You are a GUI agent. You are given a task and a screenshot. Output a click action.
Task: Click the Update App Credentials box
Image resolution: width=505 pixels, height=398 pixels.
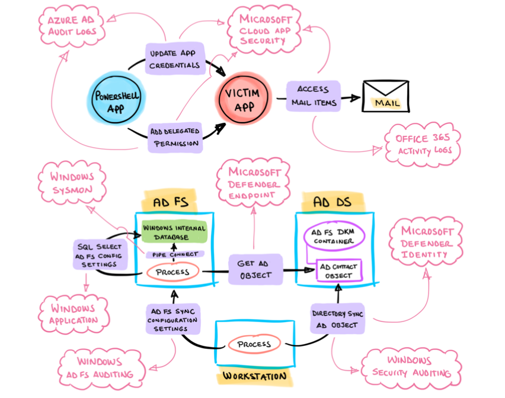[x=175, y=59]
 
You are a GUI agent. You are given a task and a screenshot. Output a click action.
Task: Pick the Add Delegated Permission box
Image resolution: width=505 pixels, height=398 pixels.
[x=175, y=137]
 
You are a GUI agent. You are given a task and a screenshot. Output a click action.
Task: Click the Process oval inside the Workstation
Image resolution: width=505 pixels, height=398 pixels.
[x=254, y=344]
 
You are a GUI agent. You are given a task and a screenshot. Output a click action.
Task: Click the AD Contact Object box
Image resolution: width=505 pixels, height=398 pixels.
[x=338, y=270]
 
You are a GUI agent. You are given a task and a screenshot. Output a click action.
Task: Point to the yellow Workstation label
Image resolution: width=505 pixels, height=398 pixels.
[x=254, y=376]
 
